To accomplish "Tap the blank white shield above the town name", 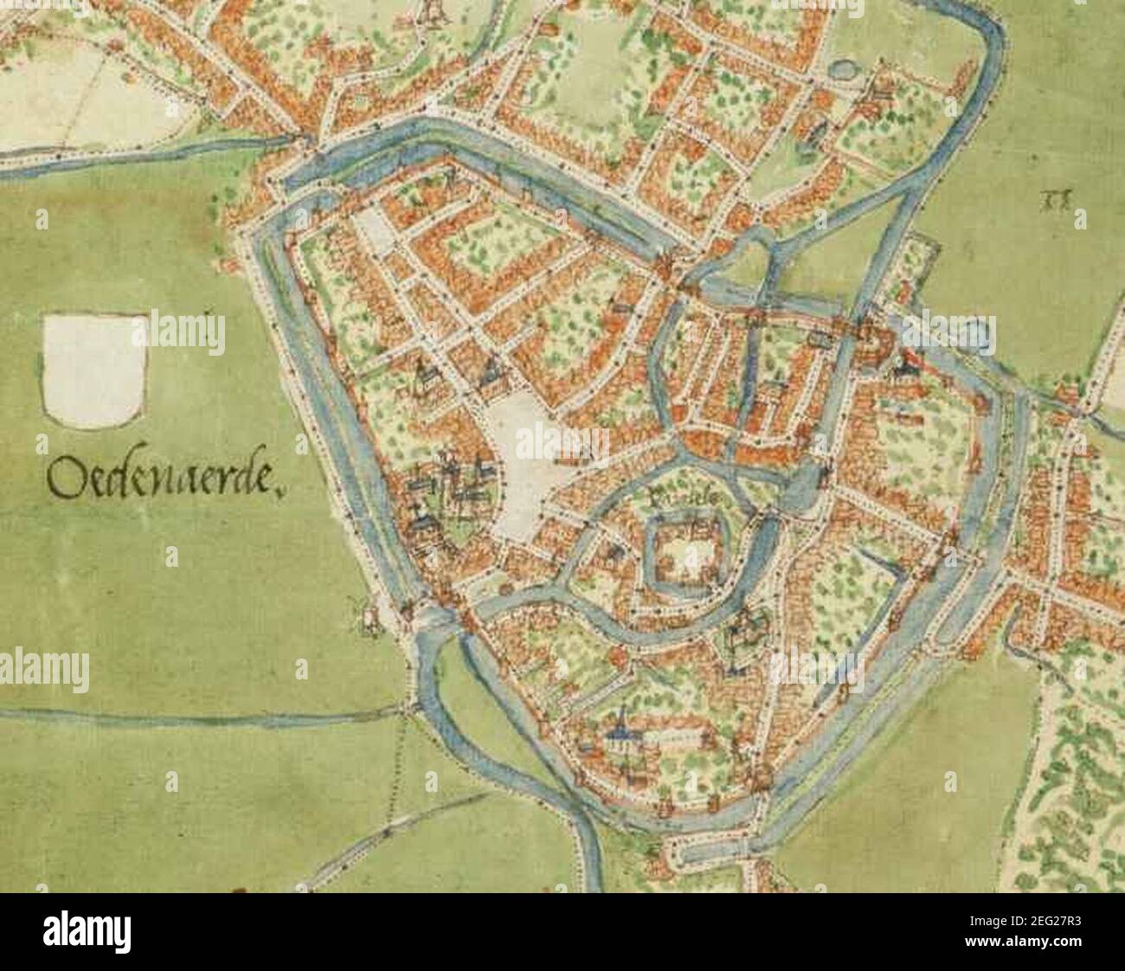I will pos(93,370).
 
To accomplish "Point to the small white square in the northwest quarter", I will pos(375,230).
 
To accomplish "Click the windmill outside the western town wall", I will pos(369,614).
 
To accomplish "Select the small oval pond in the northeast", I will pos(839,69).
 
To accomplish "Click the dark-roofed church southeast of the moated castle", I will pos(742,636).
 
